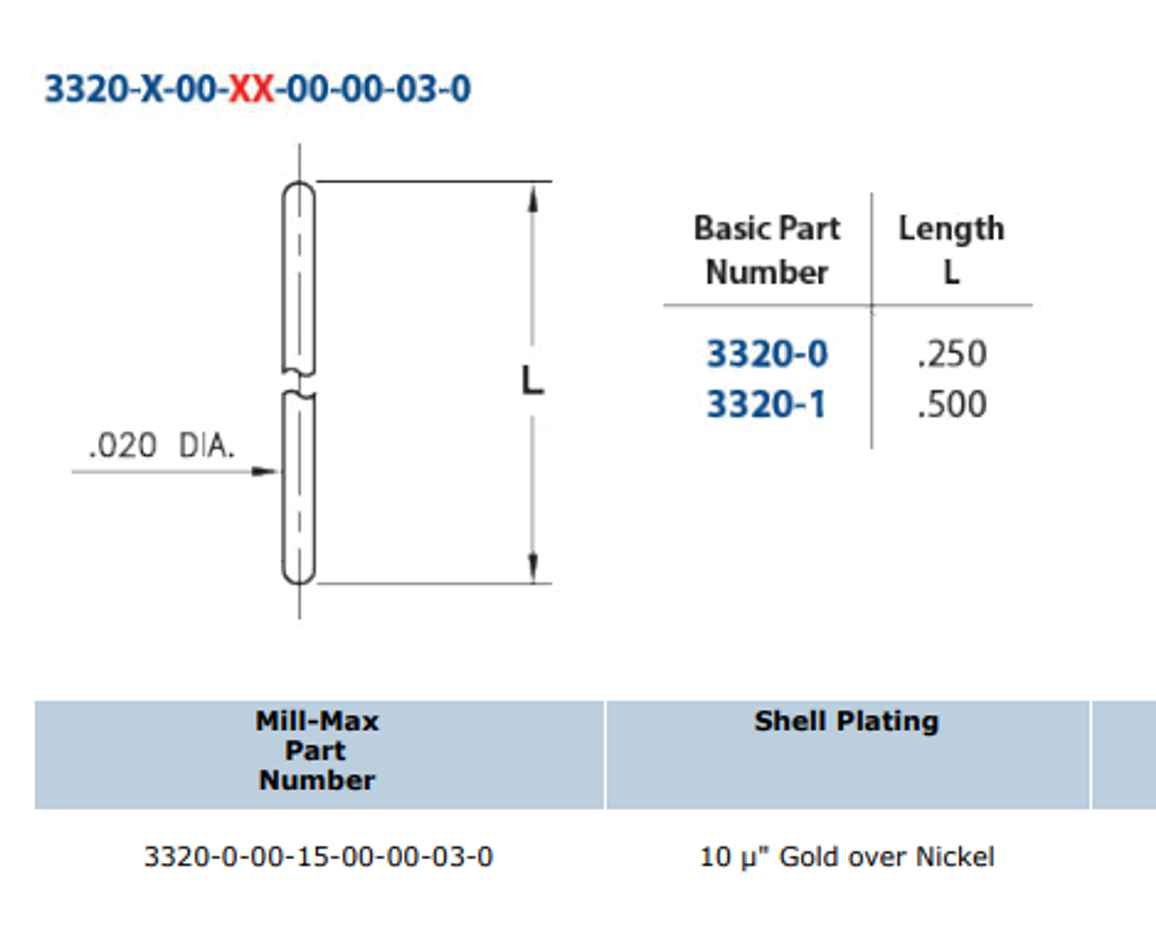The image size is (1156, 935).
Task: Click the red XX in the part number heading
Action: [252, 89]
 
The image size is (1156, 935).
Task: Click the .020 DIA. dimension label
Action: [162, 446]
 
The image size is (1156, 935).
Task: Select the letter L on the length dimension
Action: [533, 381]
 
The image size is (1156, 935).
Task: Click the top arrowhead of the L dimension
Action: [533, 199]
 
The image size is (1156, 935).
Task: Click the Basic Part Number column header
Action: [766, 250]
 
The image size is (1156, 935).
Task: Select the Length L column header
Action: [951, 250]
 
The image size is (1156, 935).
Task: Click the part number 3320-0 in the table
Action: [767, 354]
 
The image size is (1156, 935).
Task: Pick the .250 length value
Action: [952, 354]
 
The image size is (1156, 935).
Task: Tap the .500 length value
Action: [952, 404]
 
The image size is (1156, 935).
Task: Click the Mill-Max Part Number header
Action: [317, 751]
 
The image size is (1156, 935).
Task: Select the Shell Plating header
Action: [847, 721]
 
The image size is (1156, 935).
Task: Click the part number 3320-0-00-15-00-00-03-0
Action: [318, 857]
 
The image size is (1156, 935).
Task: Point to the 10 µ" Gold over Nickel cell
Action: [847, 857]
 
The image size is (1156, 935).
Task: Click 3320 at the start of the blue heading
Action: [86, 89]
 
